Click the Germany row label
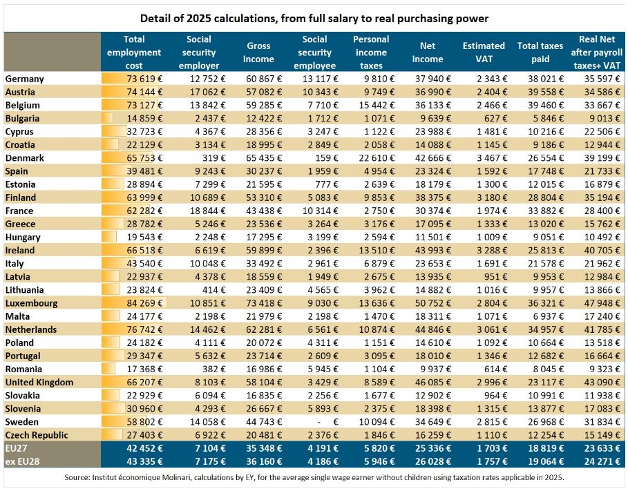click(24, 79)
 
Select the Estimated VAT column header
click(484, 52)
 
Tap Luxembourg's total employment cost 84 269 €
click(144, 303)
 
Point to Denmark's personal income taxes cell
click(377, 158)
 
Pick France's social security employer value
click(207, 211)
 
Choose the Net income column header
click(428, 52)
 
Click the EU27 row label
click(16, 448)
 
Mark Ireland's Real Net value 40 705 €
click(602, 250)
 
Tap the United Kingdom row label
click(39, 383)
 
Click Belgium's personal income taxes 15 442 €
click(377, 106)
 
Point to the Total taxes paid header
click(540, 52)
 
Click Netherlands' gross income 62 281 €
click(264, 329)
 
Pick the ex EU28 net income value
click(433, 461)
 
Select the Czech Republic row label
click(37, 435)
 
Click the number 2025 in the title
click(199, 19)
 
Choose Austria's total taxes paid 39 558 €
click(546, 92)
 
